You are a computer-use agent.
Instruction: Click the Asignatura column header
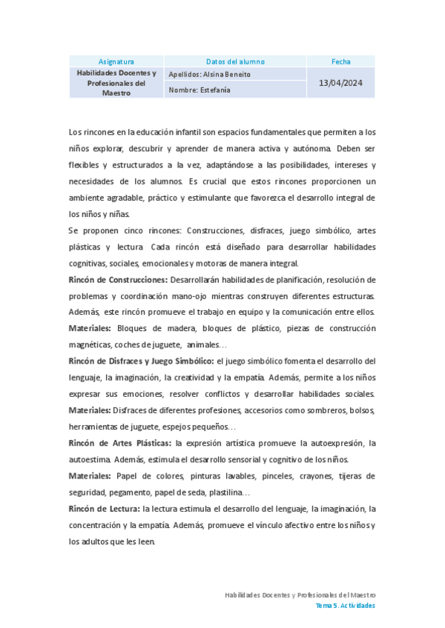[x=116, y=61]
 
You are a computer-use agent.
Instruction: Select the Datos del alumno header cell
[x=235, y=61]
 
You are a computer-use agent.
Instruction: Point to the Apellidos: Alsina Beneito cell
[x=210, y=75]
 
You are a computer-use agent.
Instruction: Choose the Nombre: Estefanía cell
[x=200, y=90]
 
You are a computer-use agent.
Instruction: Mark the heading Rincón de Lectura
[x=104, y=509]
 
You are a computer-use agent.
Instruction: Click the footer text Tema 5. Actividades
[x=345, y=605]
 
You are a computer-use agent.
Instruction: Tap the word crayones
[x=304, y=475]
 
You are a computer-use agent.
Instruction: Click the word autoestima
[x=90, y=459]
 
